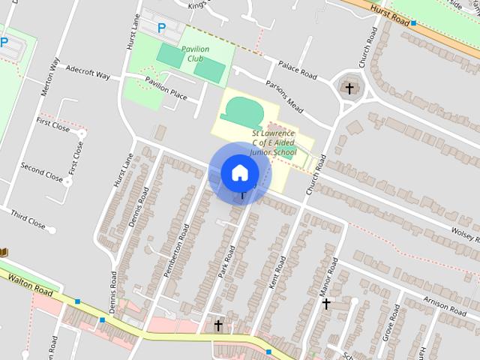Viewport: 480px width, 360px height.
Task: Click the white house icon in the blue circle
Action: pos(239,172)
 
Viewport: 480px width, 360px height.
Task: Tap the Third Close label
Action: pos(28,218)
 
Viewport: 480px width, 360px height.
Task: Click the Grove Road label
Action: pos(391,323)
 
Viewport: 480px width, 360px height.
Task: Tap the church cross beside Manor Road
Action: pos(326,304)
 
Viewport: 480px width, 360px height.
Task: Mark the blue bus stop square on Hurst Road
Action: pos(413,23)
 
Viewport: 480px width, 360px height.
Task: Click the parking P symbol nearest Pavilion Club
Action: pos(161,28)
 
